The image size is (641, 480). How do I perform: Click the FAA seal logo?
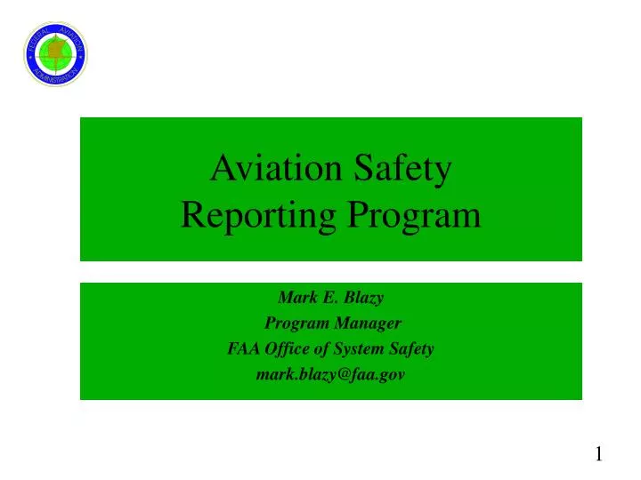[x=55, y=54]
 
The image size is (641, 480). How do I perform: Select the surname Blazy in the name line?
[x=365, y=297]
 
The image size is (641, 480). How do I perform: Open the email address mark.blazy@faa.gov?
[x=330, y=374]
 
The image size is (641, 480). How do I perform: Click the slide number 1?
[x=599, y=455]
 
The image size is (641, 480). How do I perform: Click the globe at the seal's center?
[x=56, y=53]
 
